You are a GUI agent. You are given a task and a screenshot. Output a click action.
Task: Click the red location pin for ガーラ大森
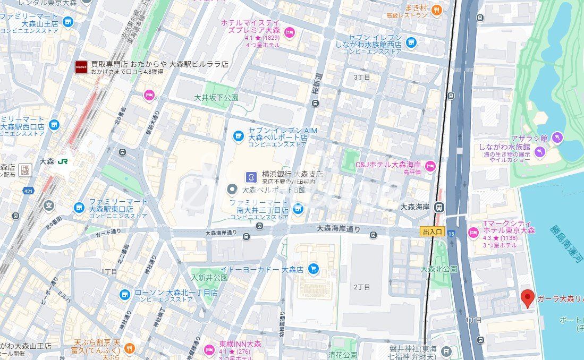tap(527, 298)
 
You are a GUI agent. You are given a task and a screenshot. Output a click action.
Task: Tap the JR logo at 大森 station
tap(63, 161)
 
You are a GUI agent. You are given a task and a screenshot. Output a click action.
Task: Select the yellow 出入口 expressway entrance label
tap(431, 232)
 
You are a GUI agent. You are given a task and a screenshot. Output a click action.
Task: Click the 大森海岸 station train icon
tap(439, 207)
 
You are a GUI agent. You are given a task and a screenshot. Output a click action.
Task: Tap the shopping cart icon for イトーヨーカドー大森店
tap(314, 270)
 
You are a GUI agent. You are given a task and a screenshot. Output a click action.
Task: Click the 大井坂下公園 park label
tap(216, 98)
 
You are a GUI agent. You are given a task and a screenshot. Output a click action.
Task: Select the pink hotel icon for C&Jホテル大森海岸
tap(430, 165)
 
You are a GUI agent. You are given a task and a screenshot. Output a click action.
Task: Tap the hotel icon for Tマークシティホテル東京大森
tap(473, 233)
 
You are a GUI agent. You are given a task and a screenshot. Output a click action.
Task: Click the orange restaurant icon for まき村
tap(436, 10)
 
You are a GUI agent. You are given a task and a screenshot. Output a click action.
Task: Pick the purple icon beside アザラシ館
tap(557, 138)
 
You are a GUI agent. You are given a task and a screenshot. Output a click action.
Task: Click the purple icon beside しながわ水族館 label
tap(540, 152)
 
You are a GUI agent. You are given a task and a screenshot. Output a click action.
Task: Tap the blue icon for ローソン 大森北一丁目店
tap(124, 294)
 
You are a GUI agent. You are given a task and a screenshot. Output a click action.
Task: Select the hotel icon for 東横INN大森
tap(209, 349)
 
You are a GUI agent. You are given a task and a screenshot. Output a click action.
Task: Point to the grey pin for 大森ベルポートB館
tap(232, 189)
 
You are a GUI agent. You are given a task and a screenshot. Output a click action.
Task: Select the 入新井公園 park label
tap(209, 278)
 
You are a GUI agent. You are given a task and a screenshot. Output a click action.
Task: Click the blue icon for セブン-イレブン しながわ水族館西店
tap(411, 42)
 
